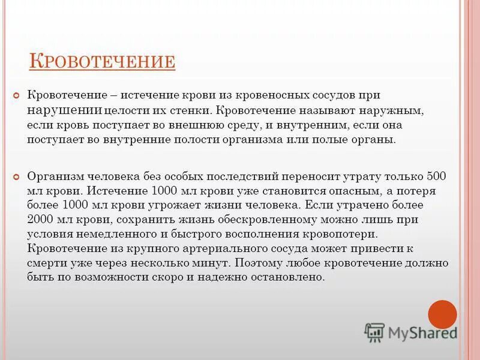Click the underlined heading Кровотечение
click(103, 61)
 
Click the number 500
click(436, 176)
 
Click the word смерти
click(46, 263)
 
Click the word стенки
click(191, 110)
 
